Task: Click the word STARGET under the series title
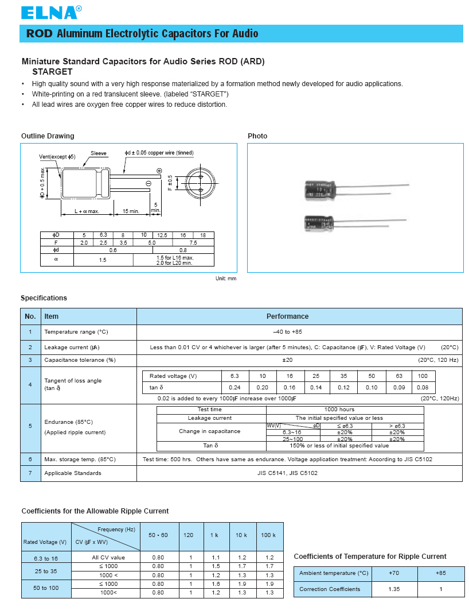click(x=52, y=72)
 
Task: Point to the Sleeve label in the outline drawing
click(x=98, y=153)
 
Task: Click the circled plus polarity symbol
click(x=159, y=171)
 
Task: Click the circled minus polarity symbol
click(x=148, y=183)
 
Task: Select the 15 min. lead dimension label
click(x=131, y=211)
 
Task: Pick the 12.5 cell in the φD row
click(x=162, y=235)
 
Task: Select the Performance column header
click(x=287, y=316)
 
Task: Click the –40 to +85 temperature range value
click(x=287, y=332)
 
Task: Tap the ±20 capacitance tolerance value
click(x=287, y=360)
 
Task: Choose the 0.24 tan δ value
click(x=234, y=388)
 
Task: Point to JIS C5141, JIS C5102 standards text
click(x=287, y=473)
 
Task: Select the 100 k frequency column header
click(x=268, y=535)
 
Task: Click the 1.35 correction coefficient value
click(x=394, y=589)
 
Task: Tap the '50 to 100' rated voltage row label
click(x=46, y=588)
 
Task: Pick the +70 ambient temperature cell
click(x=394, y=573)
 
